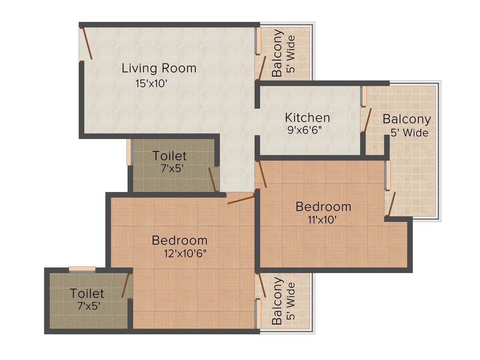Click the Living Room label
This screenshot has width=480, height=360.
click(x=159, y=68)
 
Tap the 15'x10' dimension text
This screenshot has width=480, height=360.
click(x=151, y=83)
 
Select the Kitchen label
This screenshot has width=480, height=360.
click(x=307, y=118)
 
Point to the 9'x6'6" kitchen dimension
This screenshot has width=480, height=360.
click(x=305, y=130)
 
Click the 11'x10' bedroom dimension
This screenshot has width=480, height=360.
click(x=322, y=219)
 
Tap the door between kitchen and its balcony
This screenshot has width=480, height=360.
click(x=367, y=120)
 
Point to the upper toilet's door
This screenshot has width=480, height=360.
click(x=213, y=180)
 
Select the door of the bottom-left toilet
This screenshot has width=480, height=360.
click(x=126, y=285)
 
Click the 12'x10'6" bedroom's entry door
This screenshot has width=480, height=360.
click(x=241, y=199)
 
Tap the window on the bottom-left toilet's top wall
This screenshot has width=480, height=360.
click(x=82, y=269)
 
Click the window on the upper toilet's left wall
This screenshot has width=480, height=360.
click(x=129, y=152)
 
